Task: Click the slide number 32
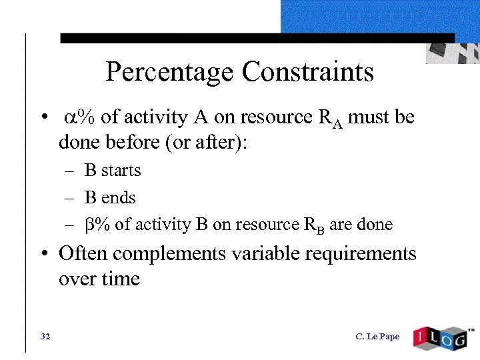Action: pyautogui.click(x=45, y=336)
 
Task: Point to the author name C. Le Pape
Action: pyautogui.click(x=377, y=336)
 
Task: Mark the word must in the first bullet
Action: pyautogui.click(x=371, y=118)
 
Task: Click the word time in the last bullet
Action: pyautogui.click(x=122, y=278)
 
